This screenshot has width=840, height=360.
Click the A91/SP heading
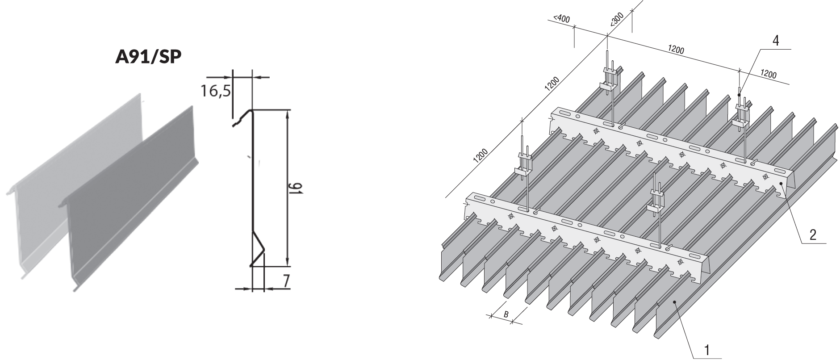(x=149, y=58)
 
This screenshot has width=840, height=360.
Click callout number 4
(x=776, y=41)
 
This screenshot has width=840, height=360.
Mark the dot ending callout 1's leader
(x=675, y=302)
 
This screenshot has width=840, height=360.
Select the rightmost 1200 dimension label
(x=768, y=75)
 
